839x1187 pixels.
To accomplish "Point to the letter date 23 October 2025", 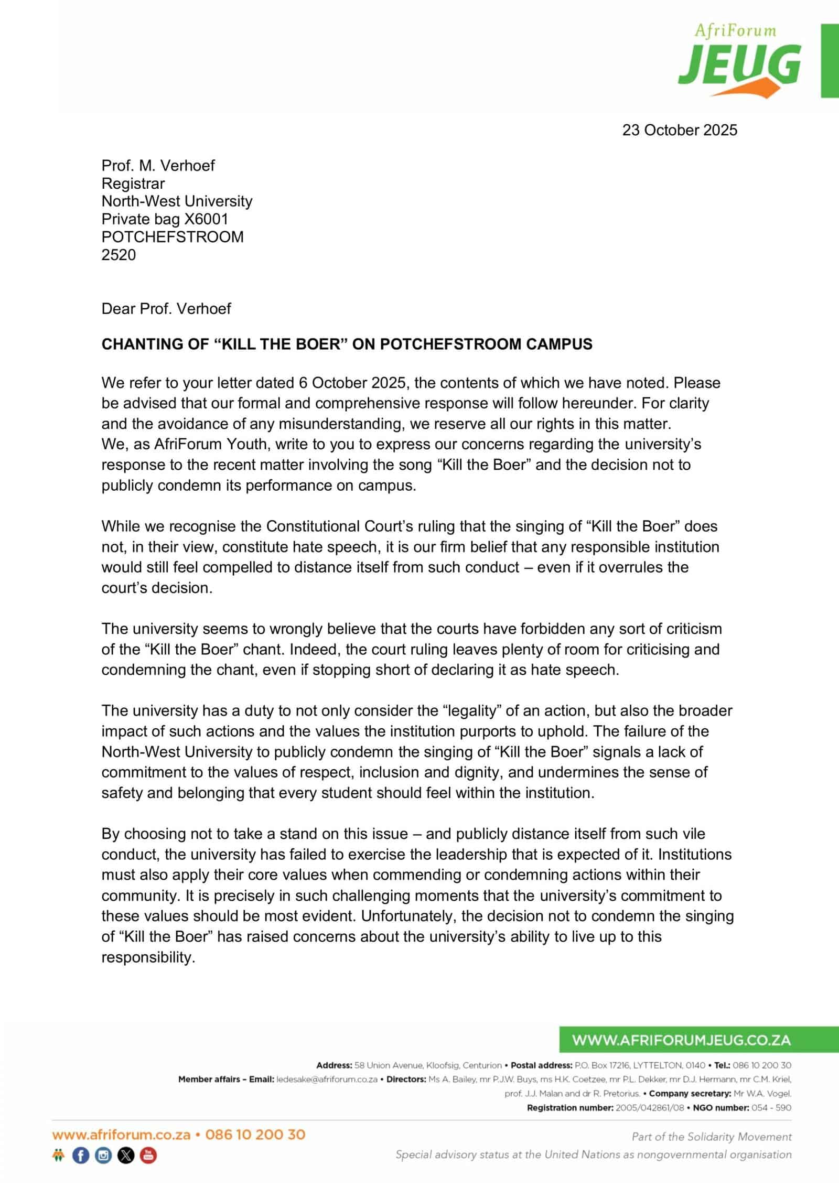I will (680, 130).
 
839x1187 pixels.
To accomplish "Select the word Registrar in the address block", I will (133, 184).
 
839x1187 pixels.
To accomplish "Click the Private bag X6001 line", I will (165, 219).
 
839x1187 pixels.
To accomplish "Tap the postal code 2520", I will (119, 255).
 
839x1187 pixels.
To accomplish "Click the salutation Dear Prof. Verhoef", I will (166, 308).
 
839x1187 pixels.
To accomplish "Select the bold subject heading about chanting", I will (347, 344).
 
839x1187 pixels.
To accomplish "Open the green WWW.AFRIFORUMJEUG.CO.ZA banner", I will (681, 1040).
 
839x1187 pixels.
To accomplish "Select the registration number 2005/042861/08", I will (649, 1108).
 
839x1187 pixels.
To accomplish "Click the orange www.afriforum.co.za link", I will (121, 1135).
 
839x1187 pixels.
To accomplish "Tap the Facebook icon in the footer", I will (81, 1155).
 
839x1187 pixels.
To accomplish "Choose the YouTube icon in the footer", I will (148, 1155).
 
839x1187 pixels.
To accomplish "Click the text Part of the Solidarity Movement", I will (712, 1137).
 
